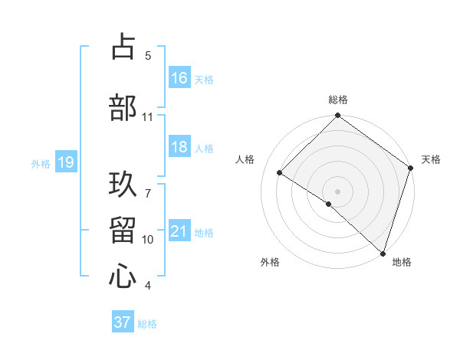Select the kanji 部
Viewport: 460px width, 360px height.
tap(123, 107)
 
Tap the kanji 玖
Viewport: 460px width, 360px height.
tap(123, 184)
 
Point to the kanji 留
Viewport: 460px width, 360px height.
tap(123, 230)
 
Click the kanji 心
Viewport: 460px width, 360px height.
tap(123, 276)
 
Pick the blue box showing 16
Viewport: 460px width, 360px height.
tap(179, 78)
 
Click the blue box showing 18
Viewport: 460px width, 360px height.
tap(179, 148)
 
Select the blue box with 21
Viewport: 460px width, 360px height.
tap(179, 231)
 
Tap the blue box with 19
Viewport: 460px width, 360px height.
tap(65, 162)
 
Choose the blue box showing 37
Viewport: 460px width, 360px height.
tap(123, 322)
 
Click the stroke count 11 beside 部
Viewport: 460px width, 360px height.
tap(148, 117)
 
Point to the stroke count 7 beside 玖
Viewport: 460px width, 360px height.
tap(148, 185)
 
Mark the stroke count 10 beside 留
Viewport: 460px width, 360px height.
tap(148, 240)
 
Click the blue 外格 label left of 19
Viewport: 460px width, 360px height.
tap(40, 163)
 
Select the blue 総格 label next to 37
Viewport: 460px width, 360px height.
tap(147, 323)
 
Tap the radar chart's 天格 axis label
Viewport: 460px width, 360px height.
tap(431, 159)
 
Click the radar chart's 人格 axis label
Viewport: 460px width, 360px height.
tap(245, 159)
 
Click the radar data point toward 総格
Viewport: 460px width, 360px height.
tap(337, 116)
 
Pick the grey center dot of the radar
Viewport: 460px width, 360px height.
tap(337, 191)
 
